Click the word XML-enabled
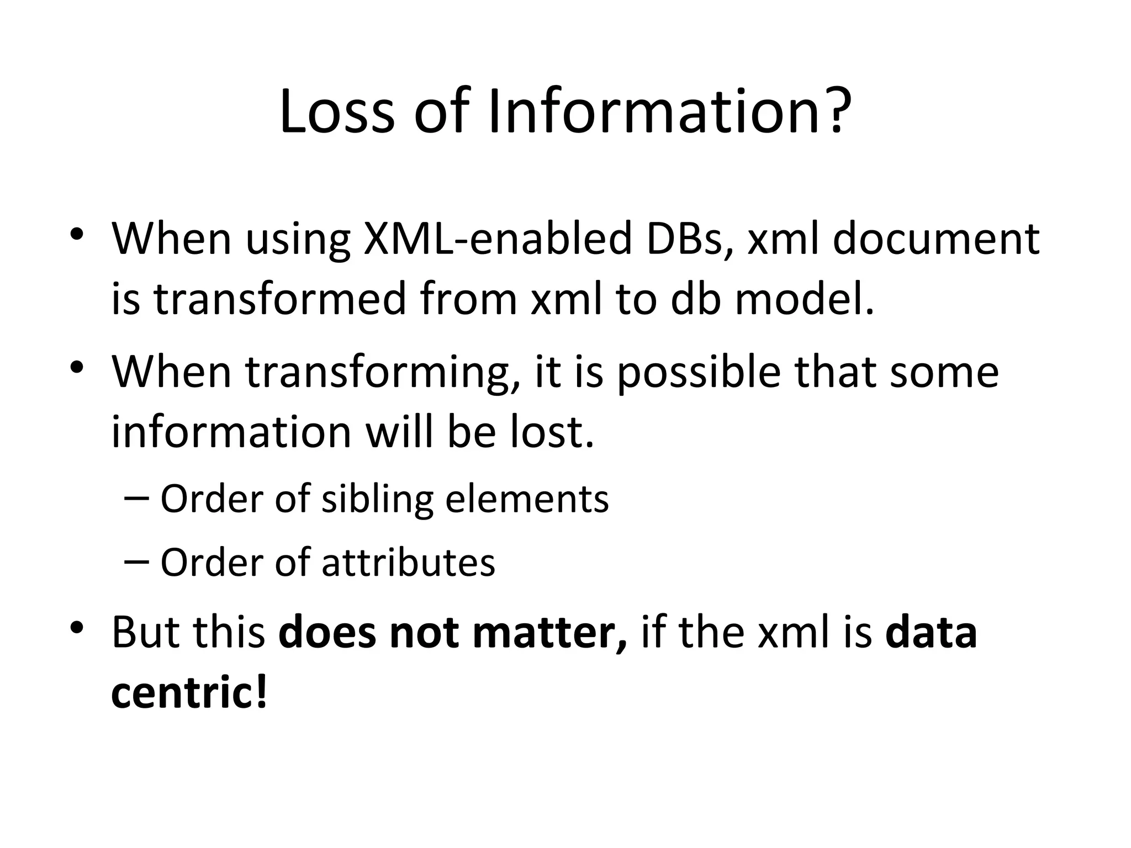tap(497, 239)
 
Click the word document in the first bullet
tap(936, 239)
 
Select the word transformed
tap(279, 299)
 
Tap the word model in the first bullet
tap(804, 299)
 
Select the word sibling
tap(378, 499)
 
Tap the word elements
tap(527, 499)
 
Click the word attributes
tap(408, 563)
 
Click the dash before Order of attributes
tap(137, 563)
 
